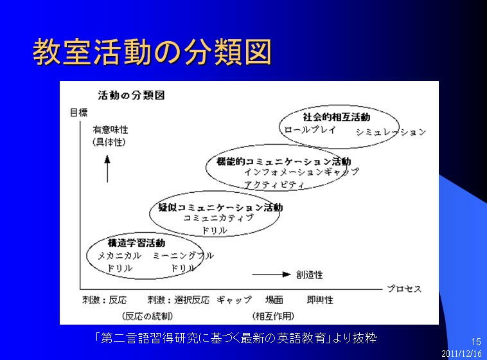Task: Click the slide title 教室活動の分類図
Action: [152, 52]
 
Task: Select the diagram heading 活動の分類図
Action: [131, 95]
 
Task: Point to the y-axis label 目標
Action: [79, 113]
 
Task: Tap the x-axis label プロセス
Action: [404, 289]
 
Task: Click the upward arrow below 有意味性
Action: [107, 169]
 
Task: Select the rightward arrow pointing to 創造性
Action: [271, 274]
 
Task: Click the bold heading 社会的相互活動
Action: [337, 117]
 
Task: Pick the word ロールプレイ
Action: [310, 130]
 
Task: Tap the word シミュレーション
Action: [391, 132]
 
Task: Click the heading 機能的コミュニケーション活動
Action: [284, 161]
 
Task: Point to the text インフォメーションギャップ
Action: [301, 172]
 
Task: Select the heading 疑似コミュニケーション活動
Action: [220, 208]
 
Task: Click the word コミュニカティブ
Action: [218, 218]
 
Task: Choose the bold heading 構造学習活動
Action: [136, 243]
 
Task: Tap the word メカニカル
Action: [120, 256]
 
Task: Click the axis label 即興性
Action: [320, 300]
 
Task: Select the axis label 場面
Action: [274, 300]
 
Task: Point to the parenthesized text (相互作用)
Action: [273, 316]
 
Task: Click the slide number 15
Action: [476, 342]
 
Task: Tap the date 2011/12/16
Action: [461, 354]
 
